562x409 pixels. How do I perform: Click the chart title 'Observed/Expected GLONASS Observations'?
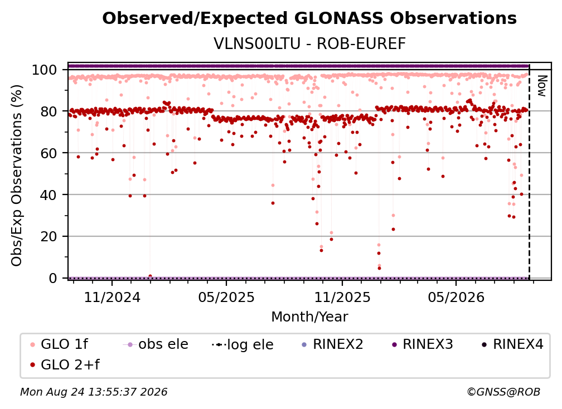click(309, 18)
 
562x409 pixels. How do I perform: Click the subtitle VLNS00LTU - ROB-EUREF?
click(309, 44)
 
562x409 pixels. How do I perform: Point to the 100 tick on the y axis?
click(44, 70)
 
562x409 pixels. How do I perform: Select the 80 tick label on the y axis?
click(49, 112)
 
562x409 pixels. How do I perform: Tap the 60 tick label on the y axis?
click(49, 153)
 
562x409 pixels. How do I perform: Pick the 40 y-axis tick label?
click(49, 195)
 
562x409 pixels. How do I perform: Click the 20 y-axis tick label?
click(49, 237)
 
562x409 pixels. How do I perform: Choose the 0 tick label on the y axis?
click(52, 278)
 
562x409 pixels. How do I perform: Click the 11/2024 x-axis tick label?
click(112, 297)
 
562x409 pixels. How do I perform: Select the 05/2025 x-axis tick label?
click(226, 297)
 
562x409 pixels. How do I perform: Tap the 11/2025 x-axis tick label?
click(342, 297)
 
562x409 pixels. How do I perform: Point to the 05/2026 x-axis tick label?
click(456, 297)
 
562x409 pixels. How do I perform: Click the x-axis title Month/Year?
click(309, 317)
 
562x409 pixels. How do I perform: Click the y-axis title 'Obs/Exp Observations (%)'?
click(17, 175)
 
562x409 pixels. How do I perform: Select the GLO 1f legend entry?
click(59, 344)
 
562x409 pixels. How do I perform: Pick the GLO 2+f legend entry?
click(65, 365)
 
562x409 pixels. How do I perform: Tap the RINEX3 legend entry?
click(422, 344)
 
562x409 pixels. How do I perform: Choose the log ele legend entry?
click(243, 344)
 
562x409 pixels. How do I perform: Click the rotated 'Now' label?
click(541, 86)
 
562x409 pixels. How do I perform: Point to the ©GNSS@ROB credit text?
click(503, 392)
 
